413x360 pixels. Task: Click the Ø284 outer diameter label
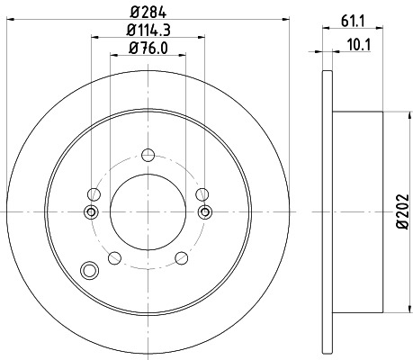click(x=149, y=12)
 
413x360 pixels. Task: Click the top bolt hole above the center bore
click(x=148, y=153)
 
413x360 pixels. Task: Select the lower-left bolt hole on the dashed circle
click(x=113, y=259)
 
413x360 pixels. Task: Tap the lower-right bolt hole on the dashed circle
click(x=184, y=259)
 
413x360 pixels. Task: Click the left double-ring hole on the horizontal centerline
click(x=90, y=211)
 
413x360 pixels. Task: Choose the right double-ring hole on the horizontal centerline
click(x=206, y=211)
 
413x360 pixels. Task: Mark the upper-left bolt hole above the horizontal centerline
click(x=94, y=193)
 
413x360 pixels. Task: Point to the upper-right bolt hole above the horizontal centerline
click(x=202, y=193)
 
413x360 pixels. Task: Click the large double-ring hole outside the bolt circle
click(x=88, y=270)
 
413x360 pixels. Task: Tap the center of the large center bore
click(x=148, y=211)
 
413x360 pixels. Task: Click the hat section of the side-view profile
click(x=360, y=211)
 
